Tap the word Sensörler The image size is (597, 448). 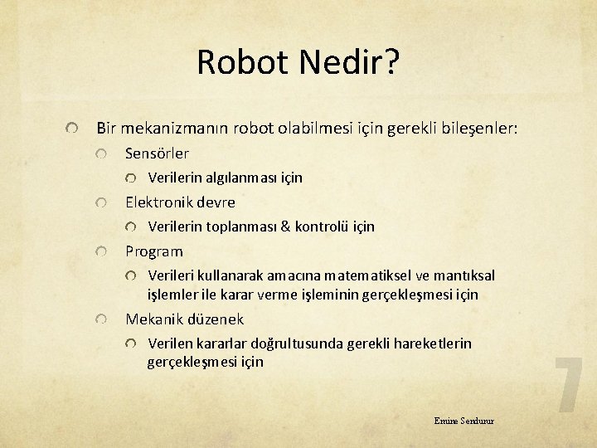[x=157, y=153]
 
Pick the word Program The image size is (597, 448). [x=154, y=251]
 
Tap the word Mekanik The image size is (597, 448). [x=154, y=319]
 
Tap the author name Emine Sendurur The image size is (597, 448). [x=464, y=421]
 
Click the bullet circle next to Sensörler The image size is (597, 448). [x=100, y=154]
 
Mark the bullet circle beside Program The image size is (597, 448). [x=100, y=251]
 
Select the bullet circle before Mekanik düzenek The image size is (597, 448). [x=100, y=319]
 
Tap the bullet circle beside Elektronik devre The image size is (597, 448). [x=100, y=202]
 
